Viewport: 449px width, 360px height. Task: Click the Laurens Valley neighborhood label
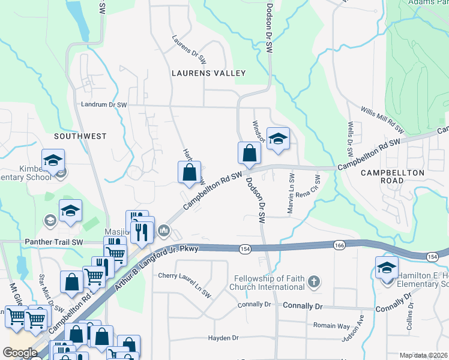(208, 73)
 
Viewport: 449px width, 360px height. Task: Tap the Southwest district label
(80, 136)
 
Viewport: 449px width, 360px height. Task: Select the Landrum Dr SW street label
(104, 105)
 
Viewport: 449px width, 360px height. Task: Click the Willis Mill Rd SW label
(382, 119)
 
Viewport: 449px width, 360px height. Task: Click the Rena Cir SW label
(316, 187)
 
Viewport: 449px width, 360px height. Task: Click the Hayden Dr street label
(223, 338)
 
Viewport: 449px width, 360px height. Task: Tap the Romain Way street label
(331, 325)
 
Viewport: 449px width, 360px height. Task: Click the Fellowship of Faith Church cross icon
(314, 281)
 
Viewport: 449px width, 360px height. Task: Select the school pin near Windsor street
(277, 139)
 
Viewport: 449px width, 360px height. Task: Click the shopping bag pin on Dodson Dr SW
(249, 154)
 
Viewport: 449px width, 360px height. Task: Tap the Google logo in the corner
(20, 353)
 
